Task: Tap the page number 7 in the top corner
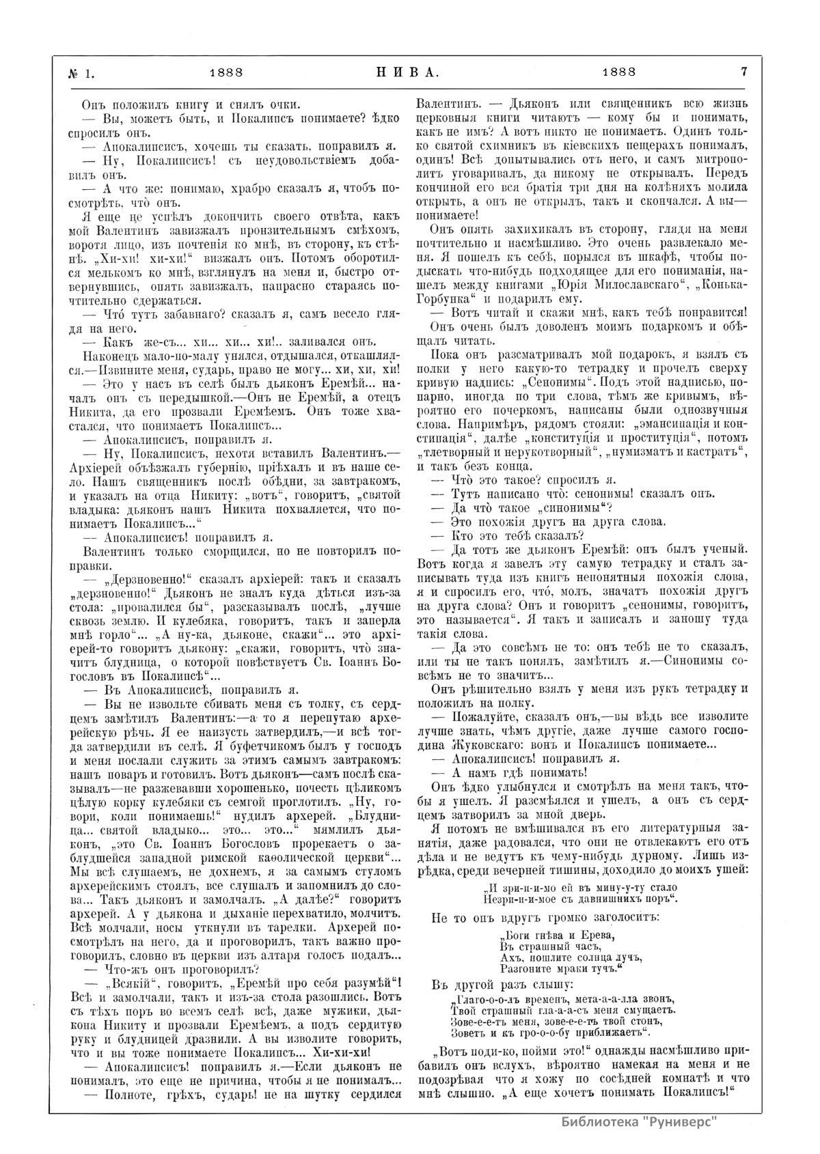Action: coord(742,71)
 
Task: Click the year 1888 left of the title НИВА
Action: coord(226,71)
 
